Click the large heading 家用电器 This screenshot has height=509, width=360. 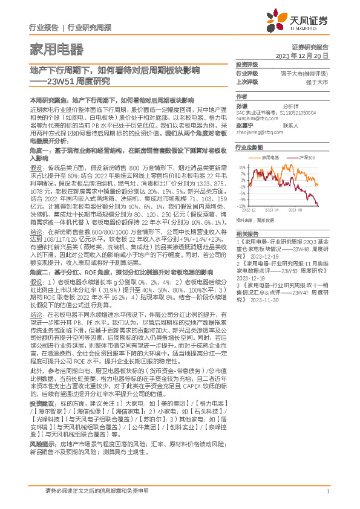(x=56, y=48)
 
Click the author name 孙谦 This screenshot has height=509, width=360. (x=241, y=105)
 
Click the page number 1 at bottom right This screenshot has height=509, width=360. (x=327, y=491)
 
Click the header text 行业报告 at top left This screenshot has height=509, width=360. (x=44, y=28)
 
